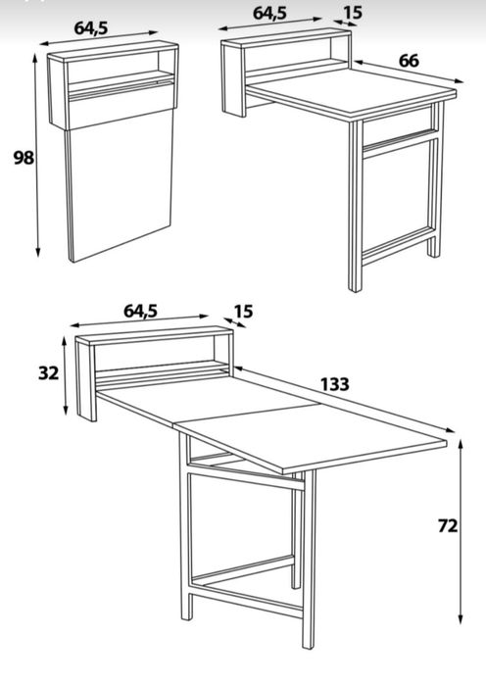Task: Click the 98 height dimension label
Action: (x=24, y=158)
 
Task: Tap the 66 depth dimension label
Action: (x=409, y=61)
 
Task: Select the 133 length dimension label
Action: (x=335, y=384)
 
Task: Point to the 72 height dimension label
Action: (x=448, y=526)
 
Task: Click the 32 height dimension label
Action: (x=48, y=373)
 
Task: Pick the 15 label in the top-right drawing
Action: (x=353, y=13)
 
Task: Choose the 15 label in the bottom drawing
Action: (x=243, y=312)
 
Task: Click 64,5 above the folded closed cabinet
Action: (x=91, y=28)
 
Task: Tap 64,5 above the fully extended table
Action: (x=140, y=311)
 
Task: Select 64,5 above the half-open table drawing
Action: (x=269, y=13)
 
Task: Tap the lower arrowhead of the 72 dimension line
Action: (x=461, y=618)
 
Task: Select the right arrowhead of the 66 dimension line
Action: (x=459, y=80)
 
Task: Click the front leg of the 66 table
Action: (x=355, y=206)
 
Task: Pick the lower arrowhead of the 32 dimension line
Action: (x=65, y=410)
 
